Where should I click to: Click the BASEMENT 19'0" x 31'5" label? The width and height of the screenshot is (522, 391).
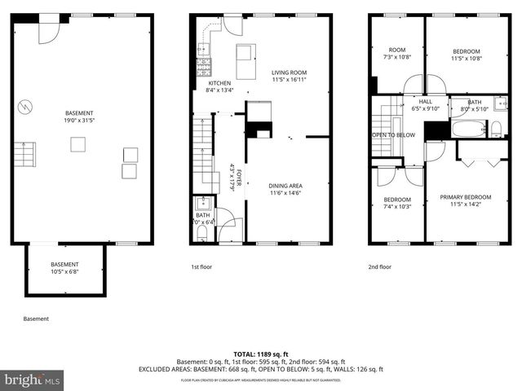(79, 116)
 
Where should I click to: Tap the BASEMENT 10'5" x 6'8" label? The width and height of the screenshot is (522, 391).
(64, 268)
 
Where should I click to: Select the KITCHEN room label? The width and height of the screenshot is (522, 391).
(219, 86)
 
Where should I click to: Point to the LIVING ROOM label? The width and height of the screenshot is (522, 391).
(288, 77)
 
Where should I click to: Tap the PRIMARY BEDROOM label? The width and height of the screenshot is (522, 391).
(466, 200)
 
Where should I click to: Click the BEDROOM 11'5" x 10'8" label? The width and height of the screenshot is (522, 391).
(467, 55)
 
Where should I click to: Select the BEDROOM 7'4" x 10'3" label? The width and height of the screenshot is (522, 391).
(397, 203)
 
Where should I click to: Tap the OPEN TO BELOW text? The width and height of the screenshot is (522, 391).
(394, 134)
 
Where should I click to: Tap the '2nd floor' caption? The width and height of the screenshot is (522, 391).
(379, 266)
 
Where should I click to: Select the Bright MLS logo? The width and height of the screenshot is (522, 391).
(33, 380)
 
